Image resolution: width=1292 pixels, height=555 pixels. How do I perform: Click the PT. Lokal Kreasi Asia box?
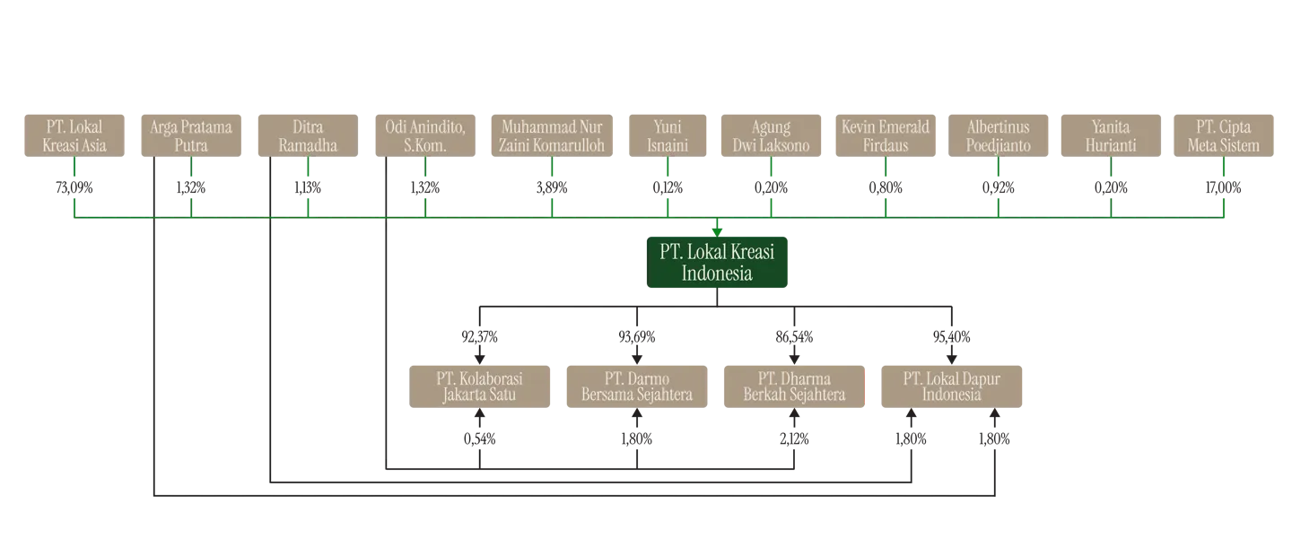click(74, 134)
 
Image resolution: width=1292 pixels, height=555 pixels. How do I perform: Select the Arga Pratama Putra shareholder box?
click(190, 134)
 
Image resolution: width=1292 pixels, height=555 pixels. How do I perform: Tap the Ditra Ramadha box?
click(308, 134)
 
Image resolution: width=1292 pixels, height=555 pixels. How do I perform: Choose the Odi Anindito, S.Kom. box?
click(425, 134)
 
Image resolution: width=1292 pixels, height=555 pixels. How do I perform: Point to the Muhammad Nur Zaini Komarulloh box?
click(552, 134)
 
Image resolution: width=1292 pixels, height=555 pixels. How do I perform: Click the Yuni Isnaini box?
click(668, 134)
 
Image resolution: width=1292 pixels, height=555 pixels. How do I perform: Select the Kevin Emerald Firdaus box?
click(886, 134)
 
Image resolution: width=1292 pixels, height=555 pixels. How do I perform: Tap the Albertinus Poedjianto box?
click(998, 134)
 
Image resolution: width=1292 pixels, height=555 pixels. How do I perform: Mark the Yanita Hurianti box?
click(1111, 134)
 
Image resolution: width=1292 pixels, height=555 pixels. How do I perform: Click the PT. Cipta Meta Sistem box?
click(1223, 134)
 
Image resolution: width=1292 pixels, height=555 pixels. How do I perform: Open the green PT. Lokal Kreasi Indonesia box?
click(717, 262)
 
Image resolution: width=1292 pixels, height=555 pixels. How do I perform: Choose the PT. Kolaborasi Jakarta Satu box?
click(480, 385)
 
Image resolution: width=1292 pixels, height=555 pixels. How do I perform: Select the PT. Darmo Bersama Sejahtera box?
click(636, 385)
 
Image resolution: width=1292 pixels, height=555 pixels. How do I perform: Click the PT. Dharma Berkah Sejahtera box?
click(794, 385)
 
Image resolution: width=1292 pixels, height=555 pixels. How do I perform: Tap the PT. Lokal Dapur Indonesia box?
click(952, 385)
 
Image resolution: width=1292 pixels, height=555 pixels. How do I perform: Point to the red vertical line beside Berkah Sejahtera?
click(866, 386)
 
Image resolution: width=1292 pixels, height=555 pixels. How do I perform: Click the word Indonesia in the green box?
click(717, 273)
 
